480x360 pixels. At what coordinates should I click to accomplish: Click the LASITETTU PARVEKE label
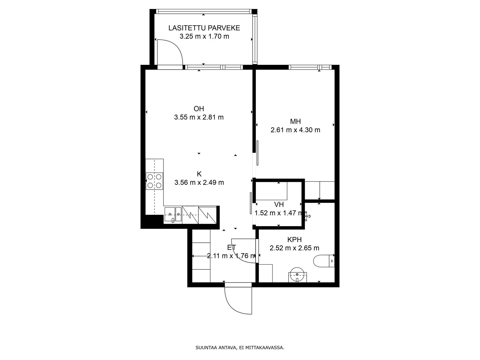[x=204, y=28]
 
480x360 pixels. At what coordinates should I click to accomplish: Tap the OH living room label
[x=199, y=109]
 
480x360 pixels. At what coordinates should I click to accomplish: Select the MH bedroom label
[x=295, y=121]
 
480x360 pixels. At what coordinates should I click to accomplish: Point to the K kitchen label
[x=199, y=174]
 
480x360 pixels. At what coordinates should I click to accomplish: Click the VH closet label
[x=279, y=205]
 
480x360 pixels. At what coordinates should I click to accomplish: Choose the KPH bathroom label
[x=294, y=240]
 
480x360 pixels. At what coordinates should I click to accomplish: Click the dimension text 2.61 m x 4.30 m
[x=295, y=130]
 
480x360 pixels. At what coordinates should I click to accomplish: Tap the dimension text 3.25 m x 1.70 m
[x=204, y=36]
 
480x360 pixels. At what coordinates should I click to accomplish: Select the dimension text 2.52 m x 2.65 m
[x=294, y=248]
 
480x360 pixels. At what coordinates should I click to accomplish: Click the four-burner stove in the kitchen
[x=154, y=181]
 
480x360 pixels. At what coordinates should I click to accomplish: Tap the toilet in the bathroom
[x=324, y=261]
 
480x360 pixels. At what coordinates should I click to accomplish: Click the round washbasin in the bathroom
[x=297, y=275]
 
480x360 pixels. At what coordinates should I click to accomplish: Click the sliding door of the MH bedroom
[x=257, y=153]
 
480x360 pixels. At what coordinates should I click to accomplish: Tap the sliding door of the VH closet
[x=251, y=203]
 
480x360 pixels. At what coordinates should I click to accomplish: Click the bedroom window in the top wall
[x=310, y=67]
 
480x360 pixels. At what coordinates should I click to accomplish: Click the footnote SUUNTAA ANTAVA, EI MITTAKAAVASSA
[x=240, y=347]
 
